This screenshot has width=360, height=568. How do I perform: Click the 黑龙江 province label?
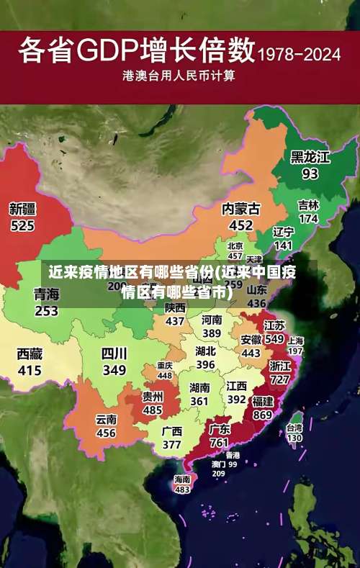pos(310,156)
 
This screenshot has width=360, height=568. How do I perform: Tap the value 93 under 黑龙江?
pos(310,173)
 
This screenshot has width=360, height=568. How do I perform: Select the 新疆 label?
pos(22,209)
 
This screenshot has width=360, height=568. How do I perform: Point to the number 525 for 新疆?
pos(22,226)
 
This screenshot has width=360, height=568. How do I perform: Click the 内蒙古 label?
pos(241,208)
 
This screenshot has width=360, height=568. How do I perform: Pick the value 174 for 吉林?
pos(308,218)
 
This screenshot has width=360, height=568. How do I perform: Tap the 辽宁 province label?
pos(284,232)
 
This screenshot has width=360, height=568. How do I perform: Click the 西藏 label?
pos(30,353)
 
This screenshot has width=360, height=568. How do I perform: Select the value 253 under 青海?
pos(46,311)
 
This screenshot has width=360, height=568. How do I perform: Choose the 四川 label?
pos(114,353)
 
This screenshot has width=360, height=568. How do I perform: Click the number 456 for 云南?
pos(106,433)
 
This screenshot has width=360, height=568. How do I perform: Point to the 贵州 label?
pos(152,396)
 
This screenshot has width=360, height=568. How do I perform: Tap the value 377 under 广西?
pos(171,444)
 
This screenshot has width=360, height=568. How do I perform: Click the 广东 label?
pos(220,429)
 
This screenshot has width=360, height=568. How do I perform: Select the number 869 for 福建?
pos(263,415)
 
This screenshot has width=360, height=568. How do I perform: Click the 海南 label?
pos(182,479)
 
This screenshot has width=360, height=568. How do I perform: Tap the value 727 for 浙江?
pos(280,379)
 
